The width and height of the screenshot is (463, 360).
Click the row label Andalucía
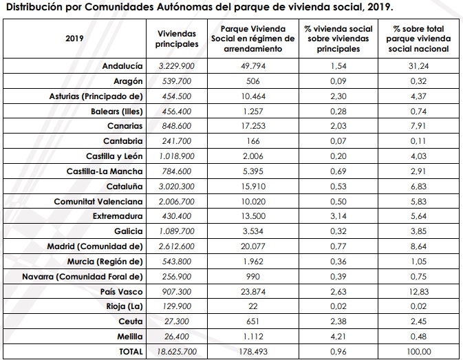point(122,66)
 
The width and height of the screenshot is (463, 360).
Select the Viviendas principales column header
point(177,39)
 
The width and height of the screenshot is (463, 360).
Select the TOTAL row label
point(129,351)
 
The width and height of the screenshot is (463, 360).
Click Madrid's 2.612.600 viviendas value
point(177,246)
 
